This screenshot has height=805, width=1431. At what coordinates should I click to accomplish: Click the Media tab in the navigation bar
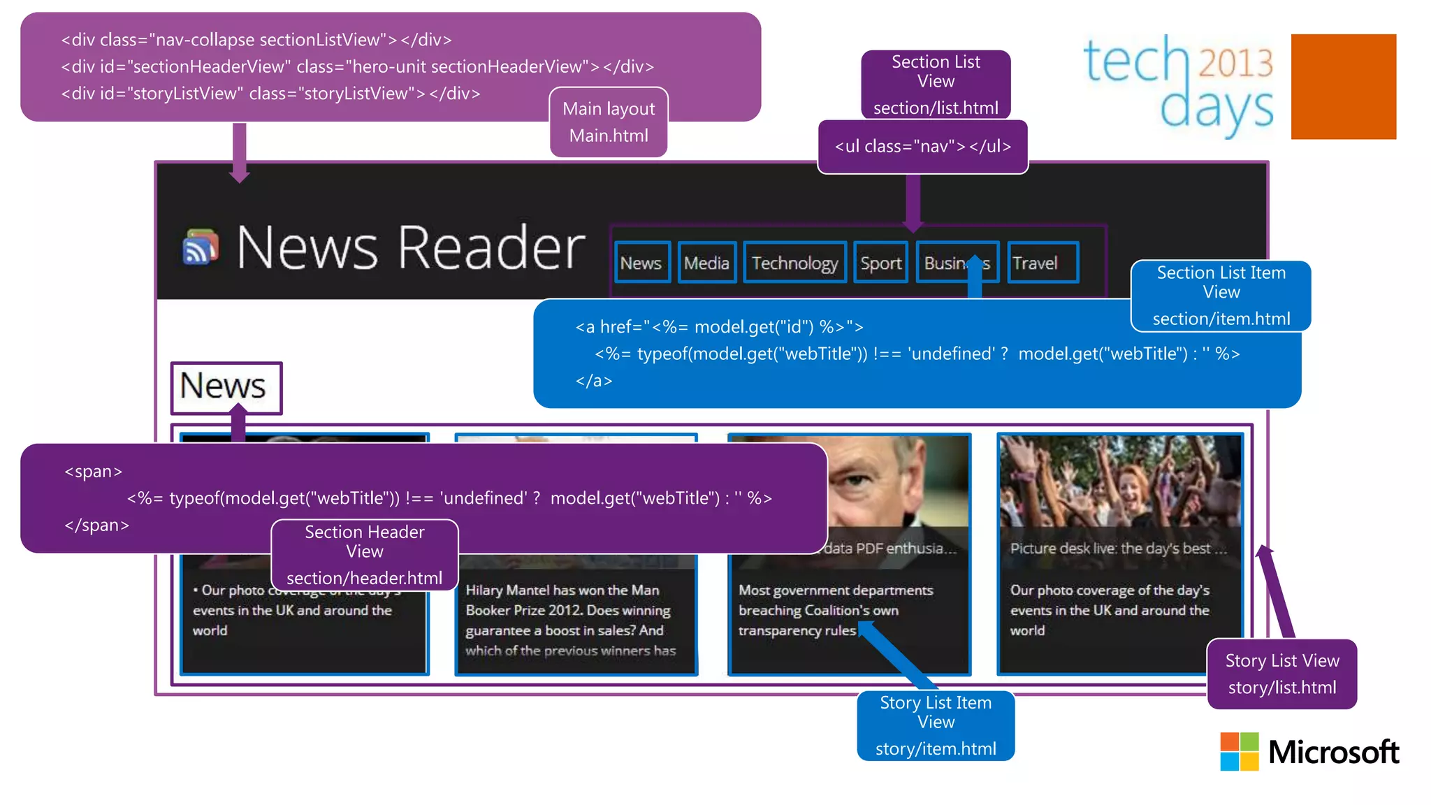(x=706, y=263)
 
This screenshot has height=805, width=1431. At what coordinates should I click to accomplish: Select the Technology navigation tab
(x=794, y=263)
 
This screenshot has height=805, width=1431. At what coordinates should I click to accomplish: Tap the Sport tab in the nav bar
(x=880, y=263)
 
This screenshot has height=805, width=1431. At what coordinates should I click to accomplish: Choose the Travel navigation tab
(x=1042, y=263)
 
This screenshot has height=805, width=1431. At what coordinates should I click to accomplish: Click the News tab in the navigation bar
(x=641, y=263)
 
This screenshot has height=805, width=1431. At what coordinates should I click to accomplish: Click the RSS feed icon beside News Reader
(x=201, y=247)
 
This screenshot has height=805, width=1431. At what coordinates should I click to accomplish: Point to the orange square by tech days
(x=1343, y=87)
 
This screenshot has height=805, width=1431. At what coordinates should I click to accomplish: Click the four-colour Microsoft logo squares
(x=1239, y=751)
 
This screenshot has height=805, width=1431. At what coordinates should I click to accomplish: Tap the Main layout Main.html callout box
(x=609, y=122)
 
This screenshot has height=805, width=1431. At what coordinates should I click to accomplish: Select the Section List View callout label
(x=936, y=85)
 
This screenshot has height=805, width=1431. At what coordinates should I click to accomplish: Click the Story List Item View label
(x=936, y=725)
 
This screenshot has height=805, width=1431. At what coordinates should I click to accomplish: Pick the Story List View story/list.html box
(x=1281, y=674)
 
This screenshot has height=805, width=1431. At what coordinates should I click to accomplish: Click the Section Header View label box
(x=364, y=555)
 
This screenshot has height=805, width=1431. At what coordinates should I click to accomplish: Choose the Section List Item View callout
(x=1221, y=296)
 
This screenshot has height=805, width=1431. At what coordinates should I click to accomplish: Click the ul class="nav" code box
(x=922, y=147)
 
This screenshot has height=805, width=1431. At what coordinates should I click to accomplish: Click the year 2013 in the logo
(x=1235, y=63)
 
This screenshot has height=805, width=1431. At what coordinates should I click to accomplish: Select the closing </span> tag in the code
(x=96, y=525)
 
